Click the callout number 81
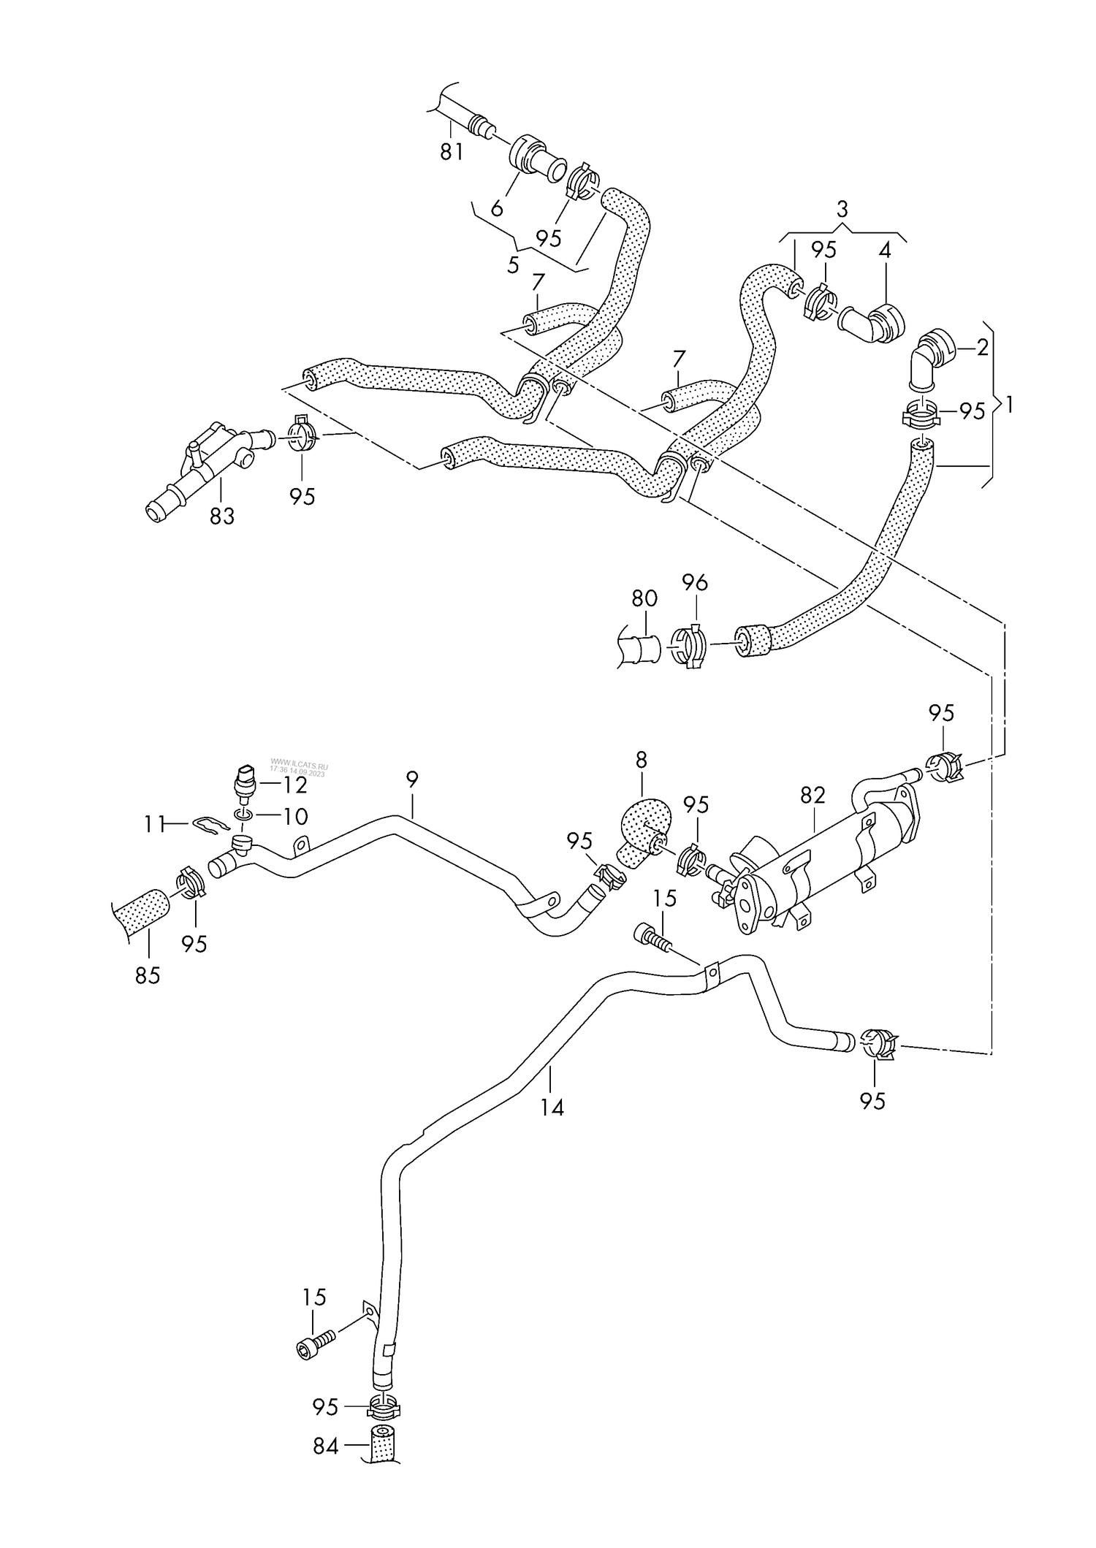pos(451,152)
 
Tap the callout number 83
pos(222,516)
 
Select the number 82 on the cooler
pos(812,796)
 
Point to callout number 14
pos(552,1108)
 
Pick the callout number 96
pos(695,583)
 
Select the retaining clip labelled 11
pos(211,826)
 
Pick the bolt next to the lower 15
pos(316,1343)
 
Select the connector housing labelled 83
pos(201,468)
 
